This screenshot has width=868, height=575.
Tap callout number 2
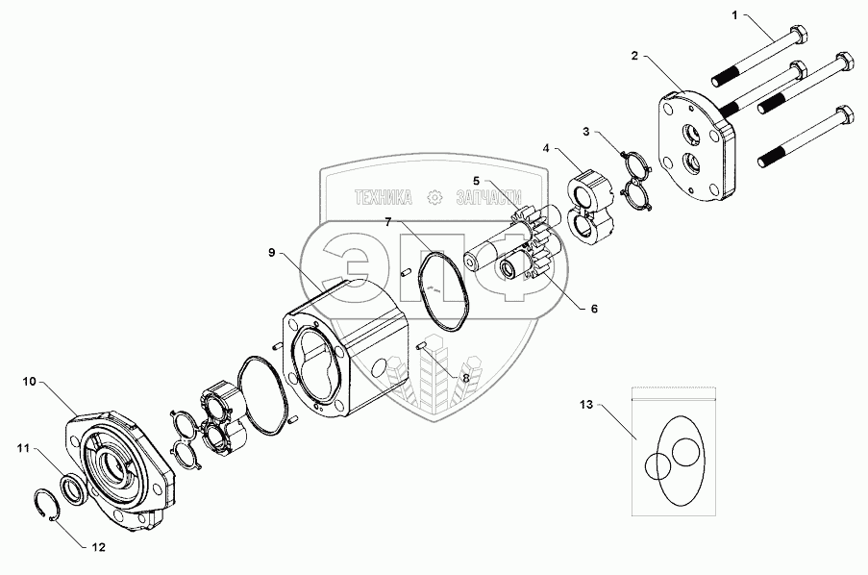coord(635,57)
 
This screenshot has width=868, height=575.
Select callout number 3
coord(584,131)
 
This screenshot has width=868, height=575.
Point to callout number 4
coord(546,149)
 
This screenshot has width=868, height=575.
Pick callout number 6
coord(594,309)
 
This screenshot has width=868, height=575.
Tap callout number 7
coord(388,222)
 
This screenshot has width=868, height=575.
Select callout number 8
coord(466,378)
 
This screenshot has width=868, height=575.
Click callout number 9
coord(272,253)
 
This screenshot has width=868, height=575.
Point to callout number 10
coord(29,382)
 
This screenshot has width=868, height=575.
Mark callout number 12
coord(96,547)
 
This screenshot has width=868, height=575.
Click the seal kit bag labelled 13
coord(673,452)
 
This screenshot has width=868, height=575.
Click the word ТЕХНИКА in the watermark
coord(384,197)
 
